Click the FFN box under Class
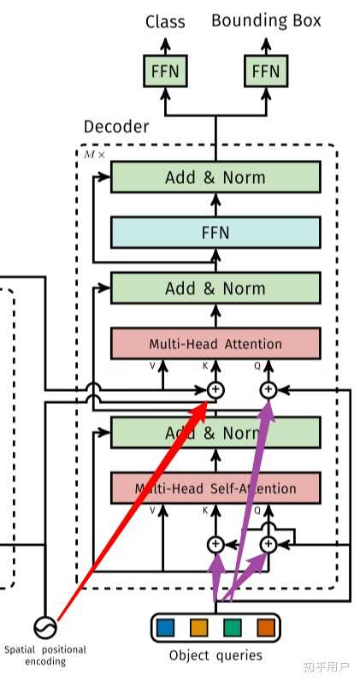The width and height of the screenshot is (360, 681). point(165,71)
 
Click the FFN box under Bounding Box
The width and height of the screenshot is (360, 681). point(265,71)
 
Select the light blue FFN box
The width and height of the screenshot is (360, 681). point(215,232)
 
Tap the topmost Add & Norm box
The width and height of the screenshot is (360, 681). point(215,177)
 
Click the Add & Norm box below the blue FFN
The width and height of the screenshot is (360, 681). point(215,288)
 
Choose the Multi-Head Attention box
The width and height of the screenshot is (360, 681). point(215,344)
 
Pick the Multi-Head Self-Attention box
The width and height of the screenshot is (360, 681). point(215,489)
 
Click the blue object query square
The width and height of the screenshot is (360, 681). point(166,627)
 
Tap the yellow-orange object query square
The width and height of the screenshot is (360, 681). point(199,627)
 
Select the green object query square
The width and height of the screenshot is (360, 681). point(232,627)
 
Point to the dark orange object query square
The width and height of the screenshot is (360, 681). point(265,627)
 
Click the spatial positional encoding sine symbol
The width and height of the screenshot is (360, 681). point(44,626)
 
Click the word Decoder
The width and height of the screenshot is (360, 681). point(115,127)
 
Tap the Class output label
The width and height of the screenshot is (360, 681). point(165,21)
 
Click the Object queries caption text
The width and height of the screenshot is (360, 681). point(215,656)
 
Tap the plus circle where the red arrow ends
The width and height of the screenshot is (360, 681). point(215,390)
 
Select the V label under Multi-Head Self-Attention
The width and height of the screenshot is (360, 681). point(153,511)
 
